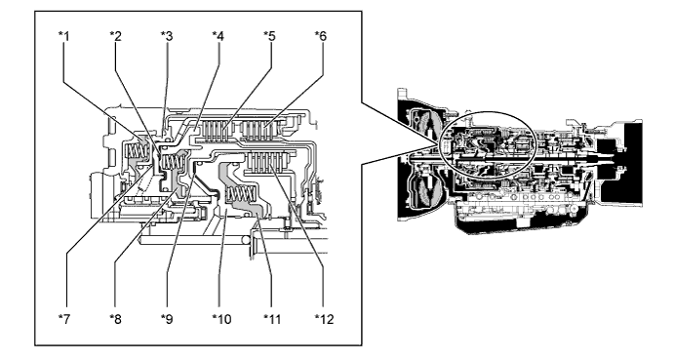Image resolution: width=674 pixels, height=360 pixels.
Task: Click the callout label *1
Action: [x=64, y=36]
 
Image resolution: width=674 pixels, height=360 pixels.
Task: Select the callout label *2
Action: [x=115, y=36]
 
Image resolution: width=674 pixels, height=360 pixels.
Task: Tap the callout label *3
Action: [x=167, y=36]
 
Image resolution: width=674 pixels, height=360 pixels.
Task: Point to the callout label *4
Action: [x=218, y=36]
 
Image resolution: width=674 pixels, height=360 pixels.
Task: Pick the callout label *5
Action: [x=269, y=36]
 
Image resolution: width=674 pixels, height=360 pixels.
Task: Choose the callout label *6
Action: [x=321, y=36]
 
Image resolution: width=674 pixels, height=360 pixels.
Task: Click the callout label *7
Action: [x=64, y=319]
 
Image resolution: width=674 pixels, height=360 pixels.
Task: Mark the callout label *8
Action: [x=115, y=319]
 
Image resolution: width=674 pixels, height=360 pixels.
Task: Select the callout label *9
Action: [x=167, y=319]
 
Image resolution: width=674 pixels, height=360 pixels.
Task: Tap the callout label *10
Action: [x=221, y=319]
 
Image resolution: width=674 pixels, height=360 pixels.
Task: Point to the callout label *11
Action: [x=272, y=319]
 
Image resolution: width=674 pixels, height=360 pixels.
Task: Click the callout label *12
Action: [x=324, y=319]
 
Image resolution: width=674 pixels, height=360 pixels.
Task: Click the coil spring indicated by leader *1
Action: [x=137, y=150]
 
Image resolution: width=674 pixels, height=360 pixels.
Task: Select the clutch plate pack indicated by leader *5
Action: [x=218, y=132]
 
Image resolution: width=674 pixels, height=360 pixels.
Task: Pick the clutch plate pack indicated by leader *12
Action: [x=267, y=164]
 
